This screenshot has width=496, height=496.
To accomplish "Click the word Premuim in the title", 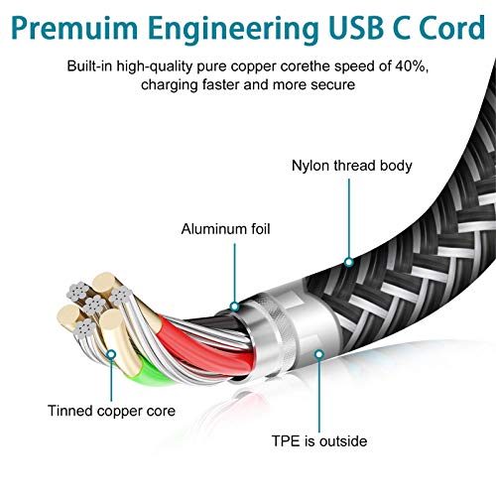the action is point(74,28).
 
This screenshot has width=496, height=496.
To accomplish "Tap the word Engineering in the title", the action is point(233,30).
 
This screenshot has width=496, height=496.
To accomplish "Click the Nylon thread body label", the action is point(352,166).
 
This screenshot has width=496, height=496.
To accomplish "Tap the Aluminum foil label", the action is point(225,229).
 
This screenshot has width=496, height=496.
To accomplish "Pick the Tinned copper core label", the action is point(111,411).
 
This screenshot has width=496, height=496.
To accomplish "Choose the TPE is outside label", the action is point(319,441).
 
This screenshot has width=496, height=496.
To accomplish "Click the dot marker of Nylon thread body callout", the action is point(349,263).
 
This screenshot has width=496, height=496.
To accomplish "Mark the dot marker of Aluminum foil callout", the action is point(234,307).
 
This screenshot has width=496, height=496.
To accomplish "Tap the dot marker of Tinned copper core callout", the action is point(111,354).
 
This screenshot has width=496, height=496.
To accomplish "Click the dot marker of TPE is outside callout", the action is point(319,354).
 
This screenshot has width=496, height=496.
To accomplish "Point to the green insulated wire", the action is point(151,375).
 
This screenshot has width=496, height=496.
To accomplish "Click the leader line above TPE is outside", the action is point(319,396).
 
